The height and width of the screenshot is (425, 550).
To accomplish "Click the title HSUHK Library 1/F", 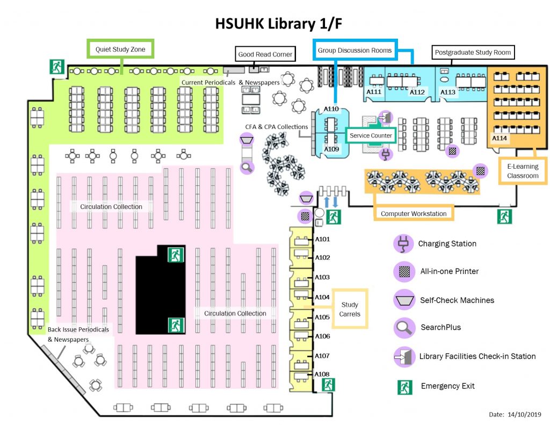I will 274,24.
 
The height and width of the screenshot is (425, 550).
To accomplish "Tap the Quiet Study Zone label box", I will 120,49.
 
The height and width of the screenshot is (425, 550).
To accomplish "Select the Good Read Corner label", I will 265,54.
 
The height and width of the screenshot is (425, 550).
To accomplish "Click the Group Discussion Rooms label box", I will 354,50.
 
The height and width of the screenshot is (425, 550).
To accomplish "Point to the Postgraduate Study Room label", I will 473,53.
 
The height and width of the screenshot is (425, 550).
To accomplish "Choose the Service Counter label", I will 371,135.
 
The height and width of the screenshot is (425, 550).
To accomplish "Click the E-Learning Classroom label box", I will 523,171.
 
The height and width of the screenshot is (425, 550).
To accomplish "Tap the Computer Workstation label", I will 414,213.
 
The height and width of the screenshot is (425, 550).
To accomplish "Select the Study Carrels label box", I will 350,309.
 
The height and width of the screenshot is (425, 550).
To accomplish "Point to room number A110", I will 331,109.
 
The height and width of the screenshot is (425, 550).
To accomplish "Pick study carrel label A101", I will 322,239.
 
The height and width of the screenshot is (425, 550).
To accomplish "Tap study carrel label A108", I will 322,374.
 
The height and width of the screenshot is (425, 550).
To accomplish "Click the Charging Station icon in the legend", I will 402,244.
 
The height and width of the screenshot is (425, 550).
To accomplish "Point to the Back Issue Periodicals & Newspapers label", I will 78,334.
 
